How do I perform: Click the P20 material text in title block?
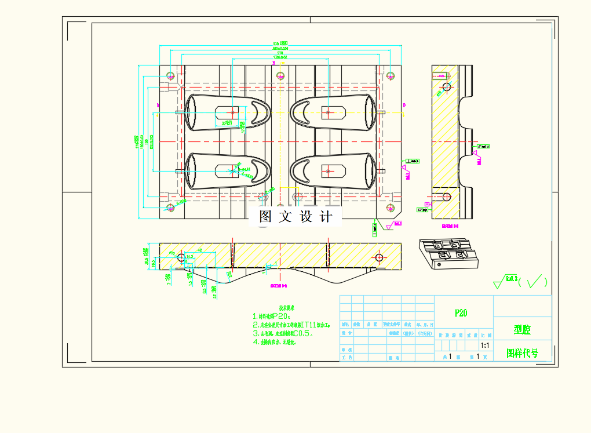[461, 313]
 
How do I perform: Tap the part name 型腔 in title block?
[522, 329]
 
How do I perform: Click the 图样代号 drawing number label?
[522, 352]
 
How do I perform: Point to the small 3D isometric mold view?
[448, 254]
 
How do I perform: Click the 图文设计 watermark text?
[296, 217]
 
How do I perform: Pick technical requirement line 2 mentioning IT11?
[291, 325]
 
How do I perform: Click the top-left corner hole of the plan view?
[170, 76]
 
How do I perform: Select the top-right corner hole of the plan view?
[391, 76]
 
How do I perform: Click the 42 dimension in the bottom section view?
[199, 250]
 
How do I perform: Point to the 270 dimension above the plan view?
[280, 53]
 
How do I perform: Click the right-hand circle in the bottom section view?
[379, 257]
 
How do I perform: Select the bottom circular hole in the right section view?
[447, 197]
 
